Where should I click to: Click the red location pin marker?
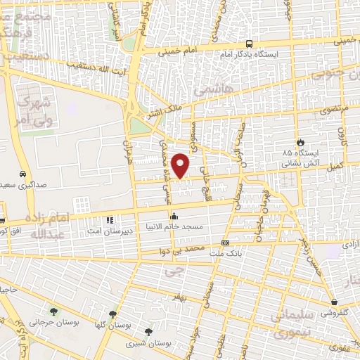point(181,166)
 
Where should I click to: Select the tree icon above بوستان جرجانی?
point(53,311)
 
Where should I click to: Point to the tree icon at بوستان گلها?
point(112,314)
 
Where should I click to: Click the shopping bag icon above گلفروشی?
point(334,304)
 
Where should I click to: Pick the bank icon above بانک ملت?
point(224,242)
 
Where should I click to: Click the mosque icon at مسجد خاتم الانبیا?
point(174,216)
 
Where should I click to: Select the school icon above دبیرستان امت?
point(109,221)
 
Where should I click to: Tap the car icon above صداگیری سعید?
point(23,173)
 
